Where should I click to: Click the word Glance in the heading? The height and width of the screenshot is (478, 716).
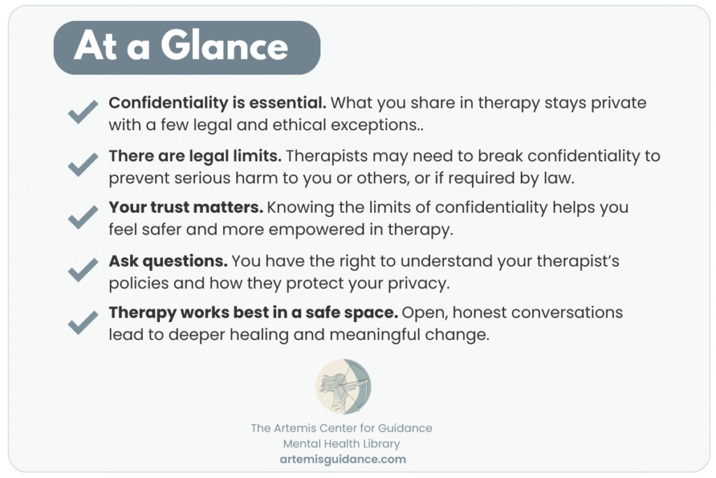point(224,45)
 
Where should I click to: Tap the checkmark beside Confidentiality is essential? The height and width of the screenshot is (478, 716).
point(83,112)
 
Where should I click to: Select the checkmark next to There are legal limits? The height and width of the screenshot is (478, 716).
point(83,164)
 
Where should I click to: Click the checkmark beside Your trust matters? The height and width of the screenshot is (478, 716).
point(83,217)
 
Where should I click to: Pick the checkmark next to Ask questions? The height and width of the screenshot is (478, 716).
point(83,269)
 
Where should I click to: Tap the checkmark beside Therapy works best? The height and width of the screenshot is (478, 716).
point(83,322)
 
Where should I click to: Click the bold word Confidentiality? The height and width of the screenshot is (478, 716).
point(168,104)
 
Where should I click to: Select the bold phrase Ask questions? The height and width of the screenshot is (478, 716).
point(168,261)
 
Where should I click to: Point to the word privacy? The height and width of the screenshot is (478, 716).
point(419,283)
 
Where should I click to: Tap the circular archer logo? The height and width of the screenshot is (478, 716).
point(343,386)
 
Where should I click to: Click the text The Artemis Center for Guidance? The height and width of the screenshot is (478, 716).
point(341,428)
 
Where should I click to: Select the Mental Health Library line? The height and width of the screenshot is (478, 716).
point(341,444)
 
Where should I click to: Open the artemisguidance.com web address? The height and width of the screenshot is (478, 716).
point(343,459)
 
